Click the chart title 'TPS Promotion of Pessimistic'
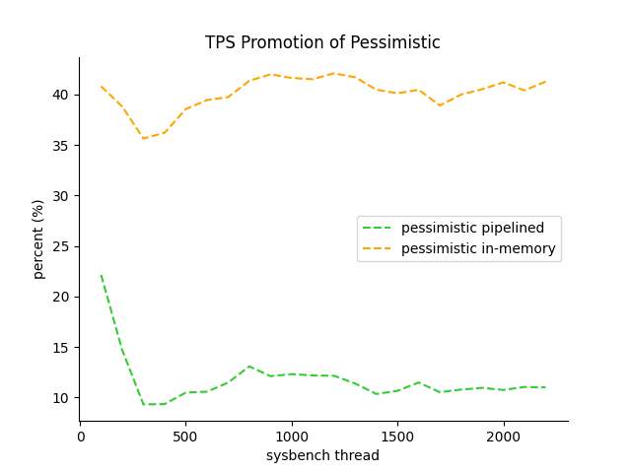pyautogui.click(x=322, y=43)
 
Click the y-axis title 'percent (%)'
pyautogui.click(x=38, y=238)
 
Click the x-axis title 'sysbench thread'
pyautogui.click(x=322, y=455)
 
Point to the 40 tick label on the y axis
pyautogui.click(x=61, y=96)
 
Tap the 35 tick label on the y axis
pyautogui.click(x=61, y=146)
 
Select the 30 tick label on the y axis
pyautogui.click(x=61, y=196)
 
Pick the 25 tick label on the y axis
pyautogui.click(x=61, y=246)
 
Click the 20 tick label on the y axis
pyautogui.click(x=61, y=297)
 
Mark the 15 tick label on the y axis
pyautogui.click(x=61, y=348)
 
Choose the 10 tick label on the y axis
pyautogui.click(x=61, y=398)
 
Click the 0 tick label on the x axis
pyautogui.click(x=81, y=436)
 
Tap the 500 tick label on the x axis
pyautogui.click(x=186, y=436)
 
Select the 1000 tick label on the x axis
pyautogui.click(x=292, y=436)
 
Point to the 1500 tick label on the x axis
pyautogui.click(x=397, y=436)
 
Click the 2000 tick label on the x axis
pyautogui.click(x=504, y=436)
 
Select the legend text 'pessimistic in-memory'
pyautogui.click(x=478, y=249)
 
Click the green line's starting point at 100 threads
pyautogui.click(x=102, y=276)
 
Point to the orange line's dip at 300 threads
pyautogui.click(x=144, y=138)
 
